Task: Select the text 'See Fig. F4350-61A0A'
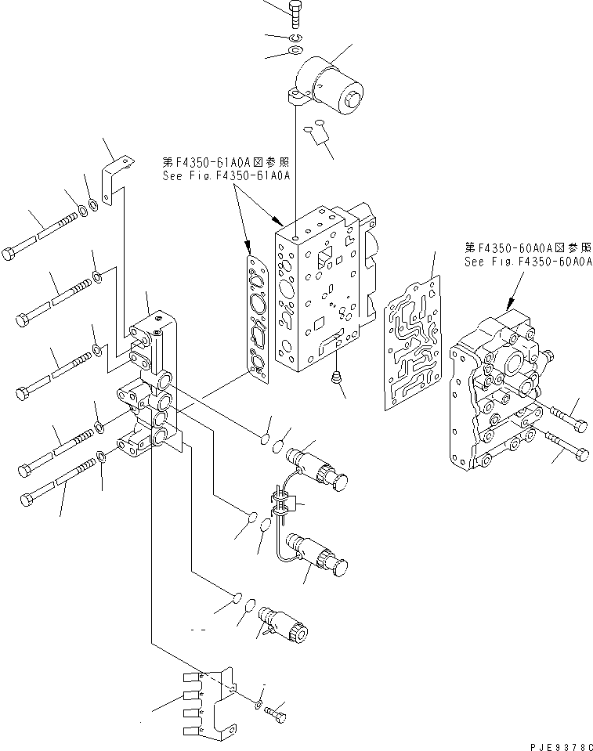point(226,176)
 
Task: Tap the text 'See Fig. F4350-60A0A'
point(528,262)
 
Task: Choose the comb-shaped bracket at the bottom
point(208,699)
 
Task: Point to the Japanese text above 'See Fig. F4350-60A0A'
point(528,248)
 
